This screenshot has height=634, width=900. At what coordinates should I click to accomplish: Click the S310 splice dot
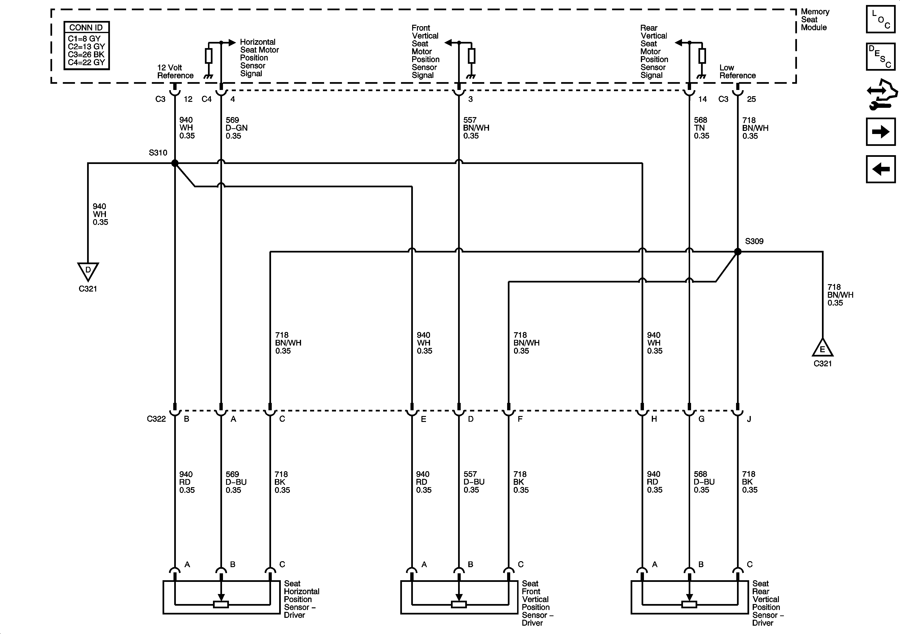175,163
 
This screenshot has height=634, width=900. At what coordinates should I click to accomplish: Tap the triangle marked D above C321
88,271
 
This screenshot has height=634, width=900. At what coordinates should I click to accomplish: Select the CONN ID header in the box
86,27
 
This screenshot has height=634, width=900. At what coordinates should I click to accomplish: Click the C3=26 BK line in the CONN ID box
86,54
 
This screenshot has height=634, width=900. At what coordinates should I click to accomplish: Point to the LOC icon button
880,19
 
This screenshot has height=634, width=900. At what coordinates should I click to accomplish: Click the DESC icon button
880,57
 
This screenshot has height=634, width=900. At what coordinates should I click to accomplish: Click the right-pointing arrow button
880,132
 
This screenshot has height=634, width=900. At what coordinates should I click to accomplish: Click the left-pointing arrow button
880,169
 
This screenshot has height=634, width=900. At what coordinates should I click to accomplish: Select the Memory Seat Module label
815,20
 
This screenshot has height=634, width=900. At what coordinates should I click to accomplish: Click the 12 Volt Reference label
175,71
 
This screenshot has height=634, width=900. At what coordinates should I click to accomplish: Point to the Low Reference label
737,71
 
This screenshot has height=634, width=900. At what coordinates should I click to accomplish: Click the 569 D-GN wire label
236,128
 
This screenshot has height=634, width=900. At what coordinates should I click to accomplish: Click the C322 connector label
156,419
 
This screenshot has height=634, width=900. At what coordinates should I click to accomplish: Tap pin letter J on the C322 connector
749,419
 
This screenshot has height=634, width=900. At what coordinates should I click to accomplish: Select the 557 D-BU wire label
474,482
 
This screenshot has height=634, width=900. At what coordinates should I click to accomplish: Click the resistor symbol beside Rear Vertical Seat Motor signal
702,56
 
